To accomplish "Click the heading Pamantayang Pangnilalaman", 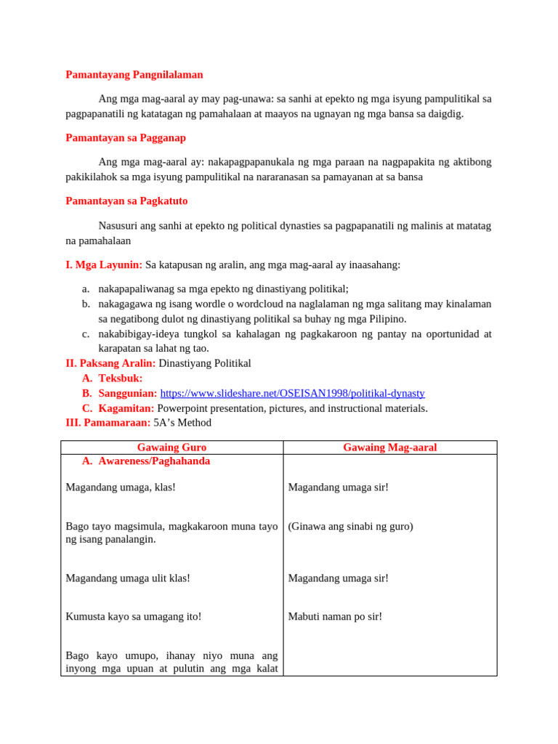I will click(x=134, y=74).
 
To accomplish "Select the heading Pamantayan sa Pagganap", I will click(x=126, y=137).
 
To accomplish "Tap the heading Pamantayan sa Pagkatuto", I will click(x=126, y=201).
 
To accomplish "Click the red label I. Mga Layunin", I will click(x=104, y=264).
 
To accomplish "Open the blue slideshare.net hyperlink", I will click(x=292, y=393).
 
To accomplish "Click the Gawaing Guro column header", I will click(x=171, y=448).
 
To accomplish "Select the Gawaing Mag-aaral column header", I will click(x=389, y=448).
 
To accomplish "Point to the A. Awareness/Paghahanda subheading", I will click(x=154, y=461).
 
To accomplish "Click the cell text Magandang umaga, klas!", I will click(x=121, y=487).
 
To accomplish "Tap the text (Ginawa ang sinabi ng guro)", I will click(x=350, y=526).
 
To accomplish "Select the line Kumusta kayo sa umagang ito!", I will click(x=134, y=616).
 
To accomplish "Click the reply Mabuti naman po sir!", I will click(x=335, y=616).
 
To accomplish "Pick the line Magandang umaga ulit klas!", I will click(x=128, y=578).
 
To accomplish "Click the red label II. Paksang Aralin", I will click(x=110, y=363).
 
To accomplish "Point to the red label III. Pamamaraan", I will click(x=108, y=422).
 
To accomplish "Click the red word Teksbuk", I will click(x=120, y=378).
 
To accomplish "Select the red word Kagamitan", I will click(x=126, y=408).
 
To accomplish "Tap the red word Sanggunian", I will click(x=127, y=393).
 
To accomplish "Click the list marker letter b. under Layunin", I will click(x=86, y=304).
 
